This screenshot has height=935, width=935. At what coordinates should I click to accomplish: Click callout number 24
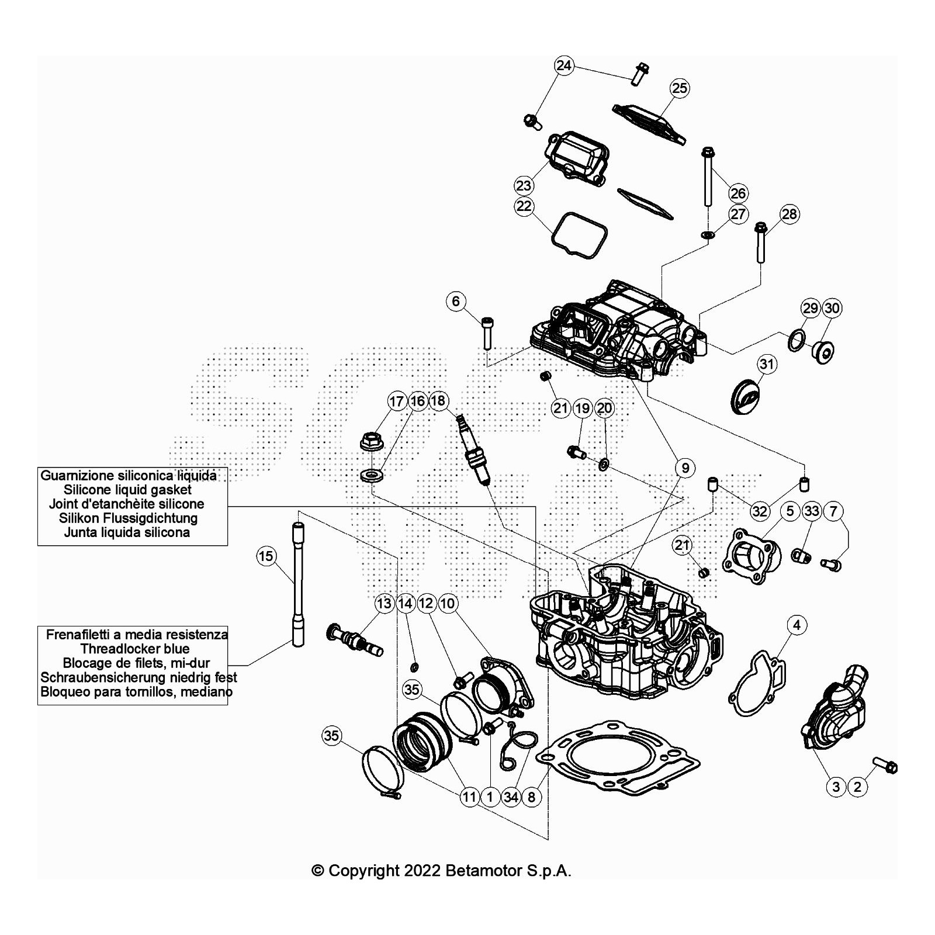(x=563, y=65)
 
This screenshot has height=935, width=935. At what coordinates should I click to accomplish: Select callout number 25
(x=680, y=88)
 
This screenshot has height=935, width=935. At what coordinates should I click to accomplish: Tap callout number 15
(x=266, y=556)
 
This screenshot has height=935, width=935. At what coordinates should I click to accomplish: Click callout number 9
(x=685, y=467)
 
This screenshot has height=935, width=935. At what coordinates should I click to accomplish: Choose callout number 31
(x=767, y=365)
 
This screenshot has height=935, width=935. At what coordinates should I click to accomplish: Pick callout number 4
(x=797, y=625)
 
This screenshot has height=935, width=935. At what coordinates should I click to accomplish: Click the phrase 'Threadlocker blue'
(x=135, y=649)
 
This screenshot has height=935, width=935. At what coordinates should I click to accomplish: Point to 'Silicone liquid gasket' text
(x=127, y=490)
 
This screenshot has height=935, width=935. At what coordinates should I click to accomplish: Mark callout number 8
(x=531, y=797)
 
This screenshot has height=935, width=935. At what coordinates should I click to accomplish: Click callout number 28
(x=789, y=214)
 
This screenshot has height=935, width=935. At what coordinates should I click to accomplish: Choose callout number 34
(x=511, y=797)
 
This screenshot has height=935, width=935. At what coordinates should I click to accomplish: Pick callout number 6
(x=456, y=302)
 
